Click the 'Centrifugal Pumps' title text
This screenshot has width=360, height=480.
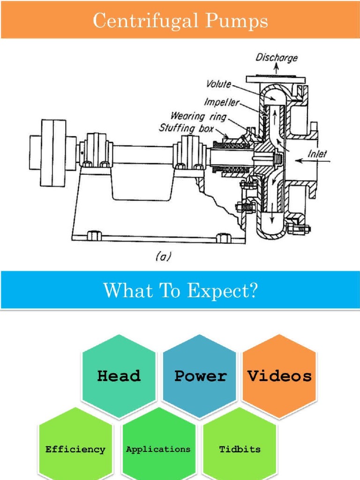pos(180,21)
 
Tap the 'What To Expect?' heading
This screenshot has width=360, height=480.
pos(180,291)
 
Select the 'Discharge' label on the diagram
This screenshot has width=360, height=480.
pos(276,58)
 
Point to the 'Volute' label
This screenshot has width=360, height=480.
pos(218,84)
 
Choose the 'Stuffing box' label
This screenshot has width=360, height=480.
pos(187,127)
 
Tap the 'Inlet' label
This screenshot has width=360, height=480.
pos(317,153)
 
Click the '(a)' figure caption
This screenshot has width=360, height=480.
pos(163,257)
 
